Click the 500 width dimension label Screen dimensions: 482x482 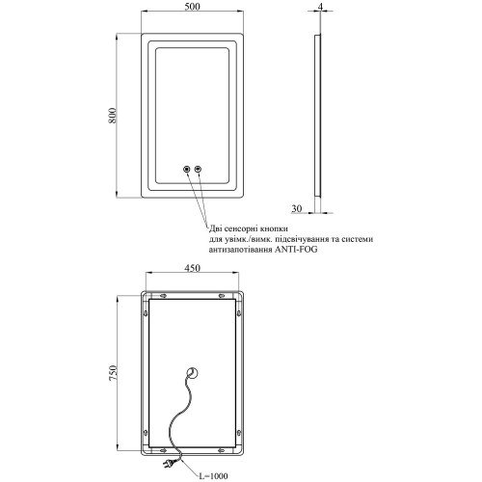(192, 7)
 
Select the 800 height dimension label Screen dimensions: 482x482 (112, 116)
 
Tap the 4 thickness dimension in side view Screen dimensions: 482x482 (319, 6)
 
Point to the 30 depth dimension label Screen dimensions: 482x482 (297, 208)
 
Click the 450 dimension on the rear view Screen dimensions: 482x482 (192, 268)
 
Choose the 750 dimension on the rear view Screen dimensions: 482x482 (113, 373)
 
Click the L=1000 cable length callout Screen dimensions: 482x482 (213, 476)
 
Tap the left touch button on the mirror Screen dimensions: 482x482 (186, 169)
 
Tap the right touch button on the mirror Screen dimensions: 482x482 (198, 169)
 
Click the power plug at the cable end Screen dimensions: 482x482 (170, 463)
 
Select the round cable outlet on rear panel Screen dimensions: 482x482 (192, 373)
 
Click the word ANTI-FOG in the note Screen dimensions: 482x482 (296, 250)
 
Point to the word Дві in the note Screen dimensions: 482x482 (216, 228)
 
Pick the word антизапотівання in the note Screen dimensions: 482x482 (240, 250)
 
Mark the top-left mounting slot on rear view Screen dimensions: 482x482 (163, 296)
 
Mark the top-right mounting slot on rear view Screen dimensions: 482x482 (222, 296)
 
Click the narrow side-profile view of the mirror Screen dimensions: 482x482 (317, 115)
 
